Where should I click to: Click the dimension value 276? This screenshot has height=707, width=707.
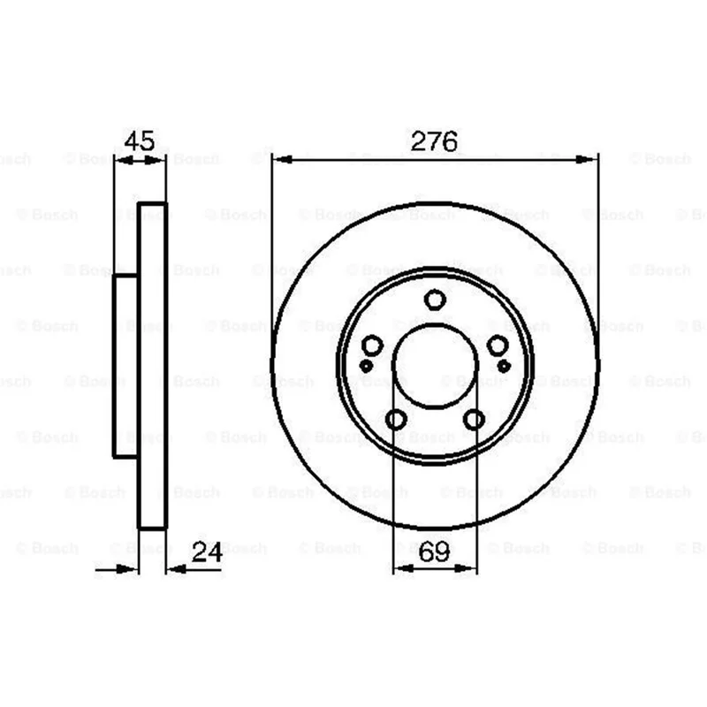click(x=434, y=141)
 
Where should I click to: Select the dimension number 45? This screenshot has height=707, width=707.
click(x=140, y=141)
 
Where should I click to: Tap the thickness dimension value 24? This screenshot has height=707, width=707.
click(x=207, y=551)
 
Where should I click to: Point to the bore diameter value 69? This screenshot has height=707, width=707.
click(x=434, y=551)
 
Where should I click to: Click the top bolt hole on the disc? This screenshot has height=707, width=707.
click(x=435, y=300)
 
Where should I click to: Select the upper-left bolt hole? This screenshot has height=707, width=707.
click(x=372, y=346)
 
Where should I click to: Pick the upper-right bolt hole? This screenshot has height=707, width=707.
click(x=498, y=346)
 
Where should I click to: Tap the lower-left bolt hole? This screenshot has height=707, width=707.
click(x=396, y=419)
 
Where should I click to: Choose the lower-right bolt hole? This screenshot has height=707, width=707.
click(x=474, y=419)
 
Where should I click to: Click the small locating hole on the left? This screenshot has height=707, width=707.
click(x=366, y=366)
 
